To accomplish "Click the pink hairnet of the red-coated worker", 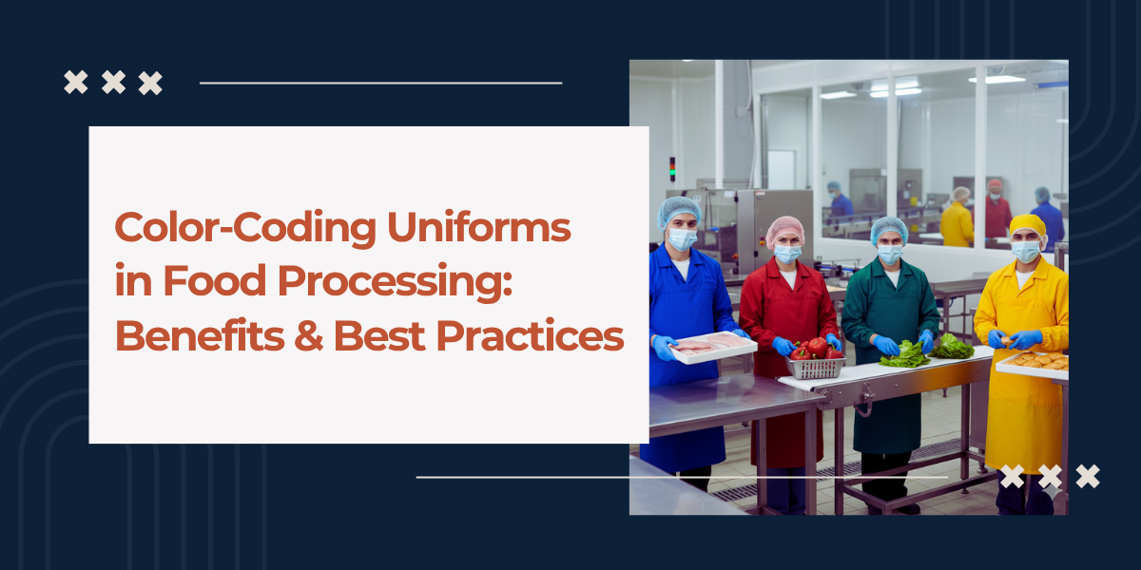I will (785, 229).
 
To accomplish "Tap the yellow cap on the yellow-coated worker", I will (1027, 224).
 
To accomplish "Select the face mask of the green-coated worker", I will (890, 254).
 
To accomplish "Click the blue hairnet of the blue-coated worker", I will (678, 210).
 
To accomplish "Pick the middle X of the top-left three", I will (113, 83).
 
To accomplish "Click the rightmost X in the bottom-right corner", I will (1087, 476).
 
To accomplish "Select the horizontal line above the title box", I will (380, 83).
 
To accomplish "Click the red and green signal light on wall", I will (672, 168).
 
